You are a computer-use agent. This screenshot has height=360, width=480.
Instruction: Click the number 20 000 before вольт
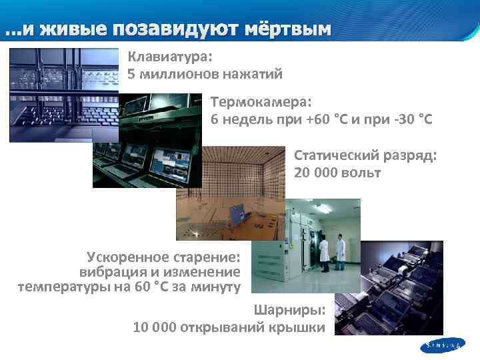pyautogui.click(x=317, y=173)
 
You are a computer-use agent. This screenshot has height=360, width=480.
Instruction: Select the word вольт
pyautogui.click(x=363, y=173)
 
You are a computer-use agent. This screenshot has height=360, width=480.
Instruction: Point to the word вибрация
pyautogui.click(x=109, y=272)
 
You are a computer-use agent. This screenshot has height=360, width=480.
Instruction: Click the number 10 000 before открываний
pyautogui.click(x=156, y=327)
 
